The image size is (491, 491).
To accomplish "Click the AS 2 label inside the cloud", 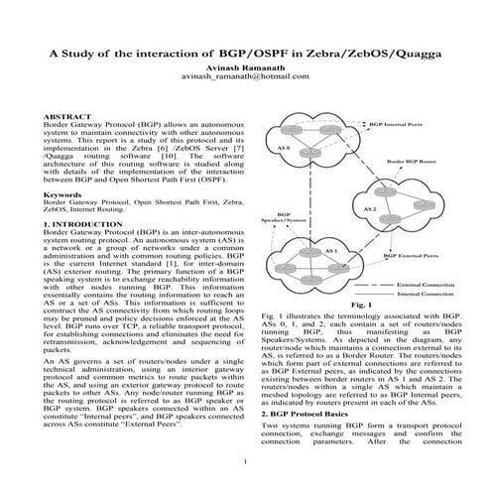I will (368, 209).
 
